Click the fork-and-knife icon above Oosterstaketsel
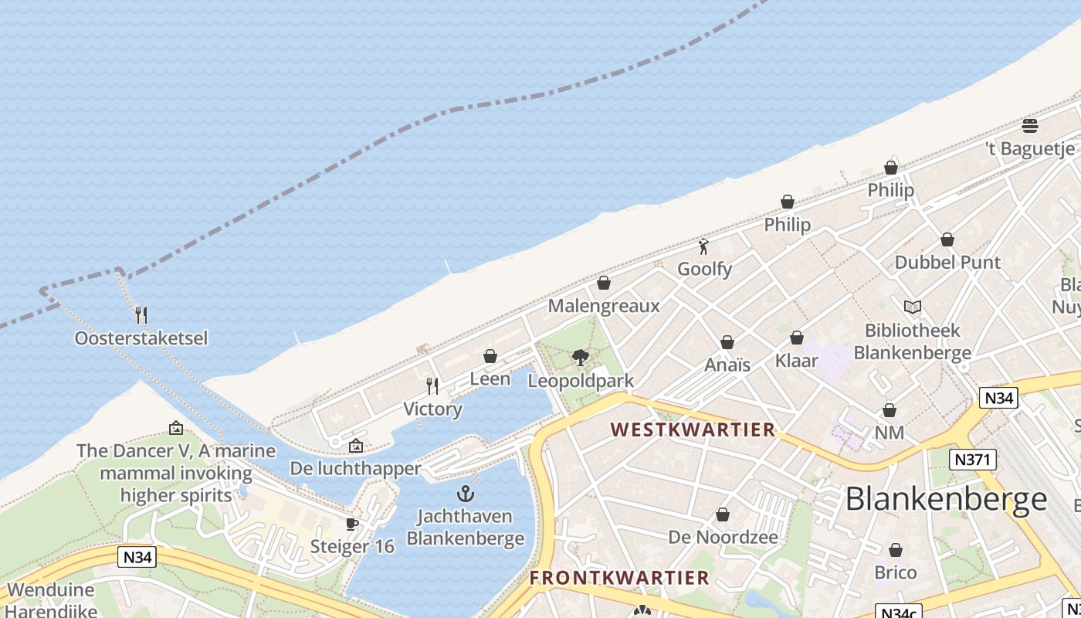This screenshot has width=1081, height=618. coord(141,315)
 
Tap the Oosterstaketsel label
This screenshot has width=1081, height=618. coord(141,338)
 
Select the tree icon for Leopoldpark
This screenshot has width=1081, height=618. coord(581,358)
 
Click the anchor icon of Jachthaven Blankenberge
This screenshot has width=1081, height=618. coord(465,494)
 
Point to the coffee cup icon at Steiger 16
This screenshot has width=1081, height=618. coord(352,525)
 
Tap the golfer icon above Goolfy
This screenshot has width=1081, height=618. coord(703,247)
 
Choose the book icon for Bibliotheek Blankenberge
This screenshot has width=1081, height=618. coord(913,307)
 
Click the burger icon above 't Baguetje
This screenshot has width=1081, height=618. coord(1029,126)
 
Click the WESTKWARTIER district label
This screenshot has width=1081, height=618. coord(693,430)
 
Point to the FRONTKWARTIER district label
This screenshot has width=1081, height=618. coord(619,578)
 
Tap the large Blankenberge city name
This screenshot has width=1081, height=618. coord(946,500)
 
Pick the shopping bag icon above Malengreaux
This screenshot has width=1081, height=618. coord(604,284)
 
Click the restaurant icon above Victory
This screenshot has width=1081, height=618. coord(432,385)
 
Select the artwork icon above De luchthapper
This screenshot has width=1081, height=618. coord(355,446)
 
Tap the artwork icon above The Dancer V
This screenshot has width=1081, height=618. coord(176,428)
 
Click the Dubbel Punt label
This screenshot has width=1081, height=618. coord(947,263)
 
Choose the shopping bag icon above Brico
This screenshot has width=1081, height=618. coord(896,551)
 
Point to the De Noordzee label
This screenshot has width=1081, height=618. coord(723,537)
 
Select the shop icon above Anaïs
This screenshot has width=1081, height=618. coord(727,342)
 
